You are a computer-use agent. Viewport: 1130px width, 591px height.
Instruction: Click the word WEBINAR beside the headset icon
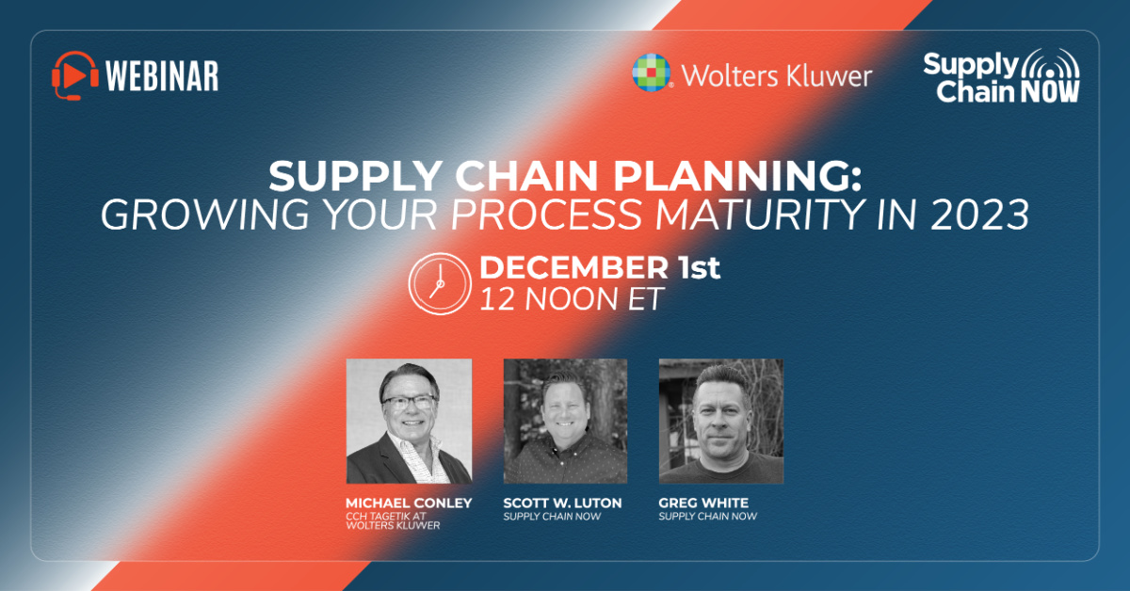coord(162,75)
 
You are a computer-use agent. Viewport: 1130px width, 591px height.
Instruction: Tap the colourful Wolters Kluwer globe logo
coord(652,72)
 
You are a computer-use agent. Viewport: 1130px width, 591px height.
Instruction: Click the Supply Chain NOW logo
coord(1001,75)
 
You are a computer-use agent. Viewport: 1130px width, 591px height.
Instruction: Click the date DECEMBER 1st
coord(600,268)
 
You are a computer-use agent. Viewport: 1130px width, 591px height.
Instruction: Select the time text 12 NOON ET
coord(572,299)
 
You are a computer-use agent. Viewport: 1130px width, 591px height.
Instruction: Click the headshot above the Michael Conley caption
coord(409,421)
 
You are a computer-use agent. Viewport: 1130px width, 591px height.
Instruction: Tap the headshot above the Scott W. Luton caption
coord(565,421)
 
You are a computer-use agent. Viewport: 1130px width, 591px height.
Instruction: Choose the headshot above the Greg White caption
coord(720,421)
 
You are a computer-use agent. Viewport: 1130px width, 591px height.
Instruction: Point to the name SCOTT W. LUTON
coord(562,503)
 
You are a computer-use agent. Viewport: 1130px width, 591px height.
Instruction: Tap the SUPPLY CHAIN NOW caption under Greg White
coord(707,517)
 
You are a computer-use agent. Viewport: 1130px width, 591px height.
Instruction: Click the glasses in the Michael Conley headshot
coord(409,402)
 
